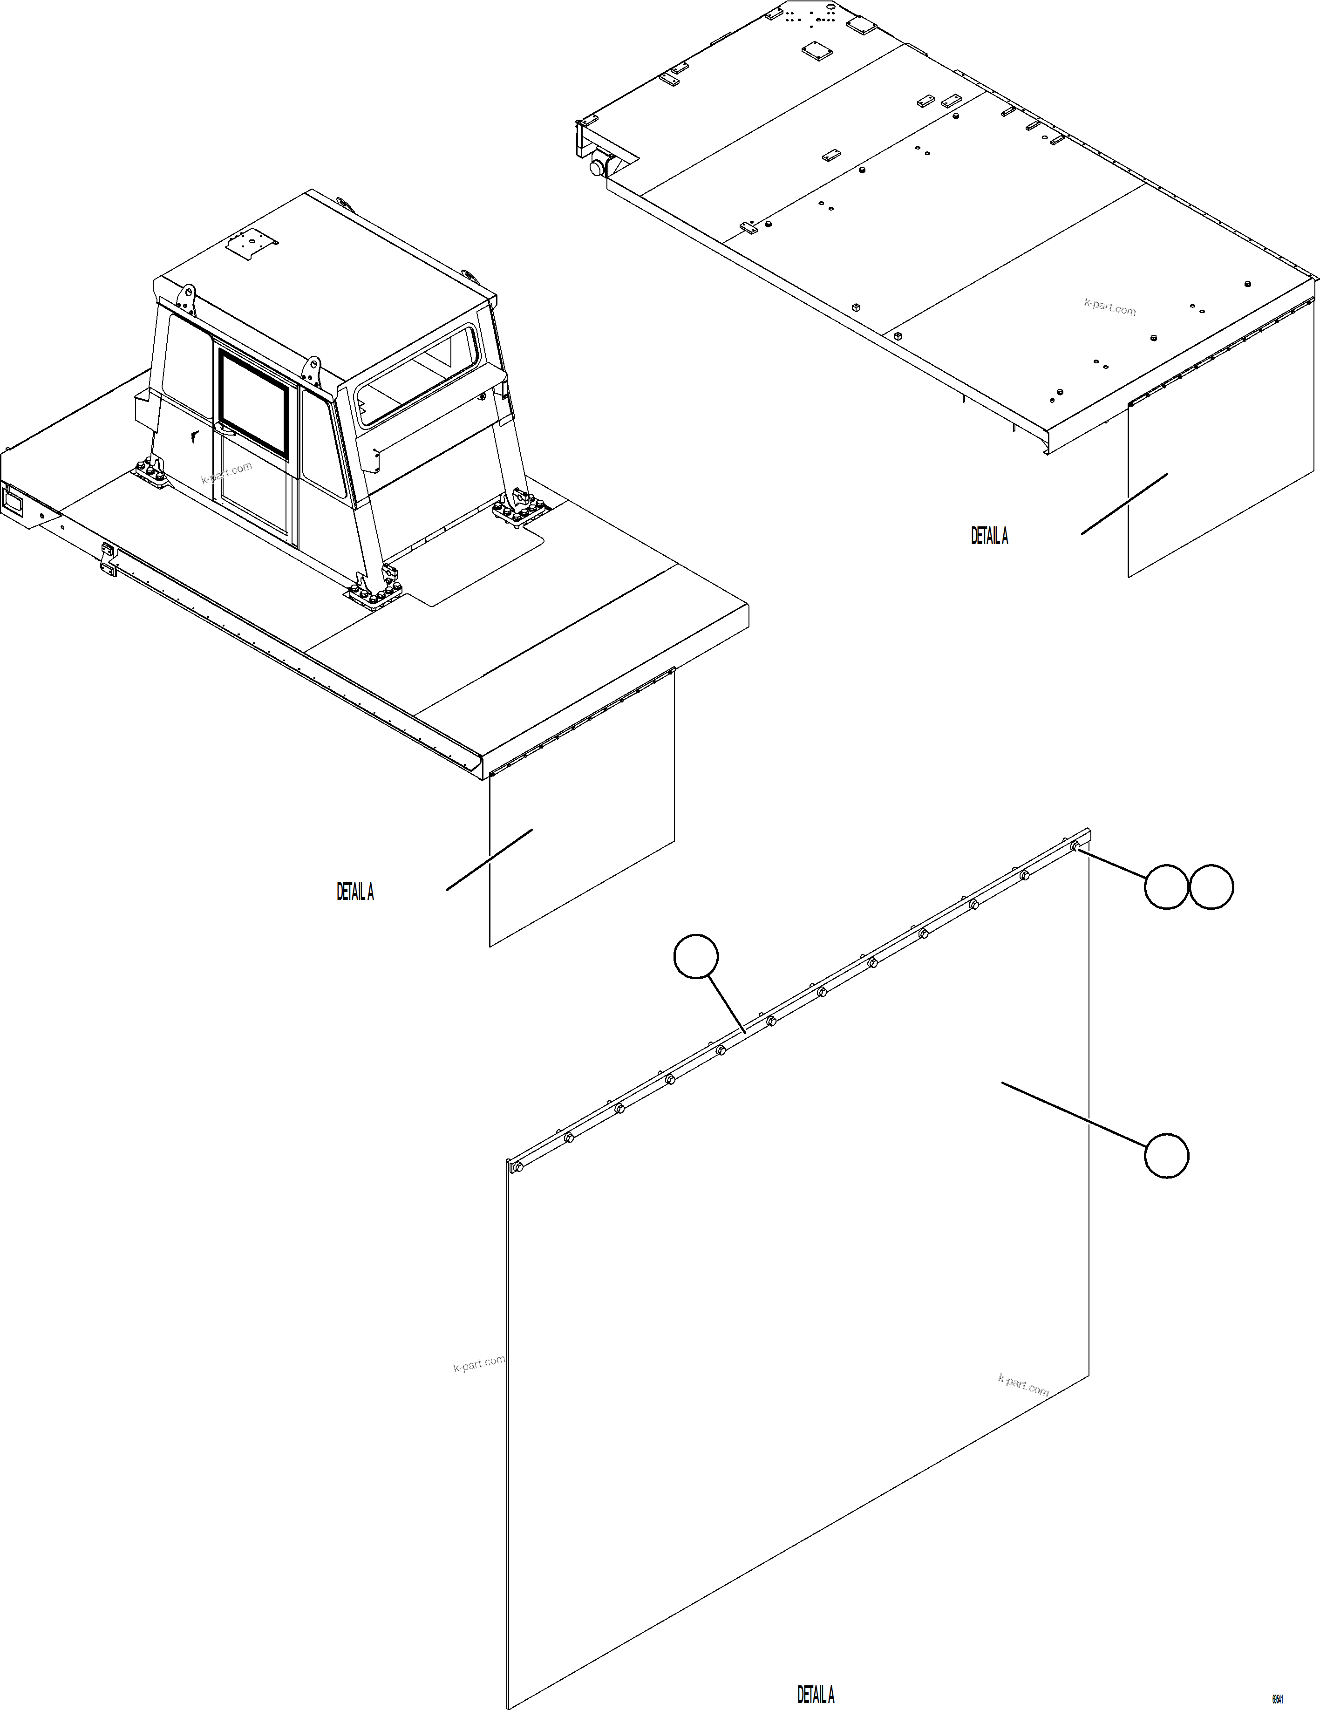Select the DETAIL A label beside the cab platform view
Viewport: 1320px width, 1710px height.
point(354,892)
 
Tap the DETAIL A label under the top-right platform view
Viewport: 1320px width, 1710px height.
point(989,536)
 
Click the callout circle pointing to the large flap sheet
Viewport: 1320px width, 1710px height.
point(1166,1155)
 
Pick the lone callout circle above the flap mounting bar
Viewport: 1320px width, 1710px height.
point(696,956)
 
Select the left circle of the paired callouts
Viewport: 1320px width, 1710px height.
point(1166,887)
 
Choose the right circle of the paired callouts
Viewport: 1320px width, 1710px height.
point(1211,887)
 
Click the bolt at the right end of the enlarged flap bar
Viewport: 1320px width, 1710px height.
point(1075,845)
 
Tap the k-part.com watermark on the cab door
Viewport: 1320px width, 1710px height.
point(227,473)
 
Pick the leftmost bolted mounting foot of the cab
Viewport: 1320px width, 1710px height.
point(150,472)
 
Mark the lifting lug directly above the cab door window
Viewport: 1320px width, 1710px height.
point(313,368)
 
